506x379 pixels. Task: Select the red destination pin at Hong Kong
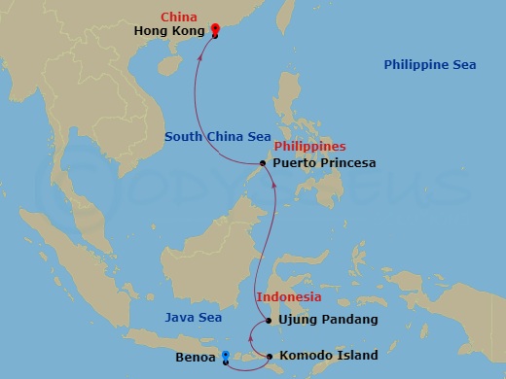click(x=214, y=30)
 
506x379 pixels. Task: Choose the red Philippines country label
click(x=310, y=147)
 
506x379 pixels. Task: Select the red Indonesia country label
click(x=288, y=296)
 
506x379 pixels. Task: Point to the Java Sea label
click(x=193, y=318)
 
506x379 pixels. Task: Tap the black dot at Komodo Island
click(x=270, y=357)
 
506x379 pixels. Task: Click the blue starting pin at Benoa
click(x=226, y=358)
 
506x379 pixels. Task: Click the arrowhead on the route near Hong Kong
click(x=200, y=55)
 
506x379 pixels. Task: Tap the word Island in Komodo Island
click(x=358, y=357)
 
